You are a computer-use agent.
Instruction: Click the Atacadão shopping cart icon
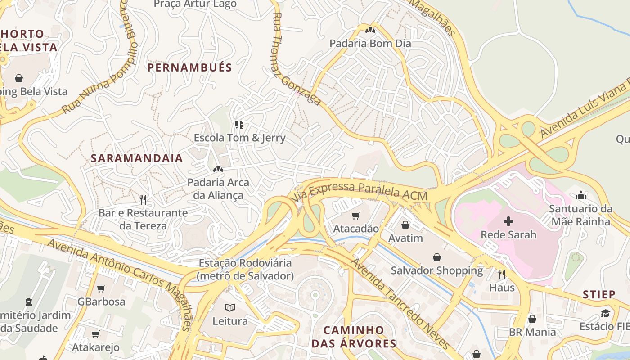click(x=356, y=216)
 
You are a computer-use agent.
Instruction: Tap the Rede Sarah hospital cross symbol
click(x=508, y=221)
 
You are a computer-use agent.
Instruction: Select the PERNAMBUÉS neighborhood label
click(x=189, y=68)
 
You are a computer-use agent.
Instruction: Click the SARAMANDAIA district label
click(x=137, y=158)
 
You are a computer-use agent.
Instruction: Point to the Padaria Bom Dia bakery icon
click(x=370, y=31)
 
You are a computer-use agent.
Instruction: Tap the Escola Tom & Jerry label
click(x=239, y=138)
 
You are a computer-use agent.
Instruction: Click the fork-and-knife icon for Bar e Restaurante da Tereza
click(x=143, y=199)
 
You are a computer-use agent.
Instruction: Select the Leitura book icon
click(x=230, y=308)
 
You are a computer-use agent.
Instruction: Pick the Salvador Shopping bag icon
click(x=436, y=257)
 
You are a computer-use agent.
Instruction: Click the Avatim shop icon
click(x=405, y=225)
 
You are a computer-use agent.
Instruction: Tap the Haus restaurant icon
click(x=502, y=274)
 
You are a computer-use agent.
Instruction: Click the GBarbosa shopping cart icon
click(x=101, y=288)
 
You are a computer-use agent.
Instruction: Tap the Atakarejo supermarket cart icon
click(x=95, y=334)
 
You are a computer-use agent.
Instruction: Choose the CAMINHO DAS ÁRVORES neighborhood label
click(x=354, y=337)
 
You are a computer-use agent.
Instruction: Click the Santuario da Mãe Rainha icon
click(x=581, y=195)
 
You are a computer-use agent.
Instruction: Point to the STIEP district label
click(x=599, y=295)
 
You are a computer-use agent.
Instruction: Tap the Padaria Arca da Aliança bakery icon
click(x=218, y=169)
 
